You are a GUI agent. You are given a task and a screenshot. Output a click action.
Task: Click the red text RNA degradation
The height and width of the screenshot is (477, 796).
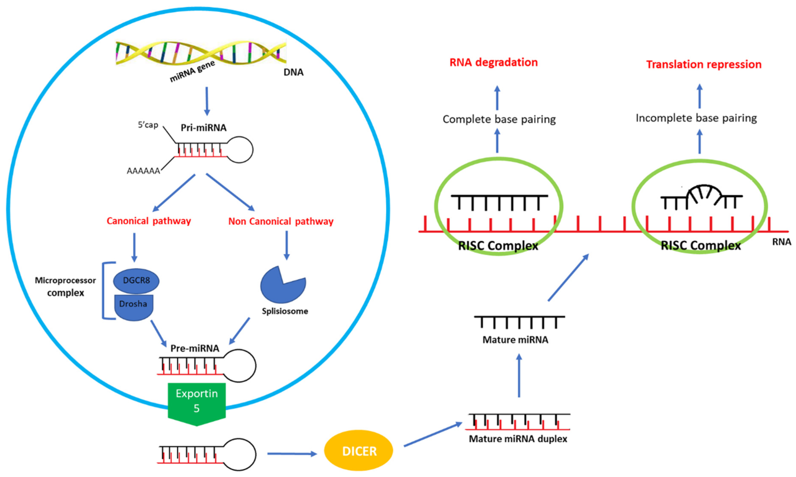point(493,62)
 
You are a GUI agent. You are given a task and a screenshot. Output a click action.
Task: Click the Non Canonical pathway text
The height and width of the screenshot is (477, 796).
point(281,221)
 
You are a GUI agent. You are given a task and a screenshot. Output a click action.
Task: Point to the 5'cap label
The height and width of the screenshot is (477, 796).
point(148,125)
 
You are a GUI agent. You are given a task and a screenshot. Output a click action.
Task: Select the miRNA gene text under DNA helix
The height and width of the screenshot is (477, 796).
point(192,71)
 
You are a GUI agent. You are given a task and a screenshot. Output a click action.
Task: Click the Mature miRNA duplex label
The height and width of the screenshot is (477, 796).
point(518,439)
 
